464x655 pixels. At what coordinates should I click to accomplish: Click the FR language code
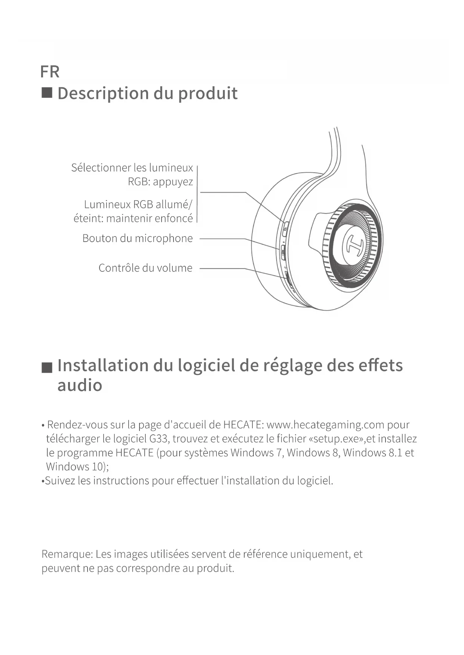[x=49, y=72]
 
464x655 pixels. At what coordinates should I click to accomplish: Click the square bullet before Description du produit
[x=47, y=93]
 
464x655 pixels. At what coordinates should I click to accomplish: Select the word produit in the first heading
[x=208, y=93]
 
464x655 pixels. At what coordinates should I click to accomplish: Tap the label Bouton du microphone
[x=137, y=238]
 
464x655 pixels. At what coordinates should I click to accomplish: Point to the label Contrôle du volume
[x=145, y=268]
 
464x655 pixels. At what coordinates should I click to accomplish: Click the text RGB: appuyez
[x=160, y=182]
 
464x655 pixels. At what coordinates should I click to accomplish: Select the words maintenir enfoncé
[x=150, y=218]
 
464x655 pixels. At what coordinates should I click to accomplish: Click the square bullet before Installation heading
[x=47, y=367]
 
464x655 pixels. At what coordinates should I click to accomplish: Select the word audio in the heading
[x=80, y=385]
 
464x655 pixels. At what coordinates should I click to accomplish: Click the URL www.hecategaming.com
[x=325, y=425]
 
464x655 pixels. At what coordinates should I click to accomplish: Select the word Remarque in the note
[x=67, y=554]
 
